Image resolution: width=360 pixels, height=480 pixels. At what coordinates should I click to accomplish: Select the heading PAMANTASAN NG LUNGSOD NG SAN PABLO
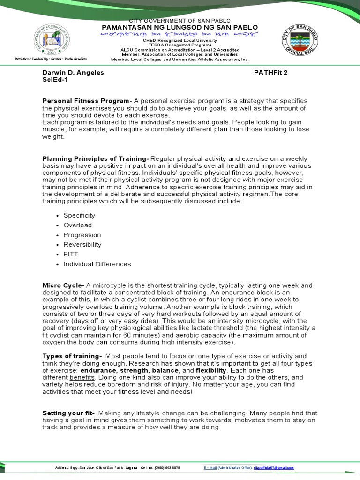180,28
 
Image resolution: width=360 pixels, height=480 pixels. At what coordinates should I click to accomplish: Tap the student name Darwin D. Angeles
73,73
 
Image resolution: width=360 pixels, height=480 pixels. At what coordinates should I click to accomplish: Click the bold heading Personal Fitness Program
85,101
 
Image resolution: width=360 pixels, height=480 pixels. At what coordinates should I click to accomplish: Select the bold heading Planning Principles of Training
96,158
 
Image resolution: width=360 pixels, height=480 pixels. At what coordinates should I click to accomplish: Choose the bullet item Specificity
79,215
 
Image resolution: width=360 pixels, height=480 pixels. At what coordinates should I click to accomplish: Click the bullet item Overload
78,225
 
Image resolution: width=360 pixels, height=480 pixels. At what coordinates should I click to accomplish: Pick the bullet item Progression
82,235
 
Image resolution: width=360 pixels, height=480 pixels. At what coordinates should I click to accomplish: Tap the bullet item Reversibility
82,245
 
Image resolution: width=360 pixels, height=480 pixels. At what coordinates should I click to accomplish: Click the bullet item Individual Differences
97,264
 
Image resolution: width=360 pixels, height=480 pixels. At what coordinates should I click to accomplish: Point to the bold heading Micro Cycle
63,285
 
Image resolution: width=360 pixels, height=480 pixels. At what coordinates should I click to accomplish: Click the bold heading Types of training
72,356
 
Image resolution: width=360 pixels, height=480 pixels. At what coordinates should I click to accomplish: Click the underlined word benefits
82,377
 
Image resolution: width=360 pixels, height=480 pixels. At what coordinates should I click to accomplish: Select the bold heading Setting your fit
68,413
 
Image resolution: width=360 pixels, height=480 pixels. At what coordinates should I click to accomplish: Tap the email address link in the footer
274,468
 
